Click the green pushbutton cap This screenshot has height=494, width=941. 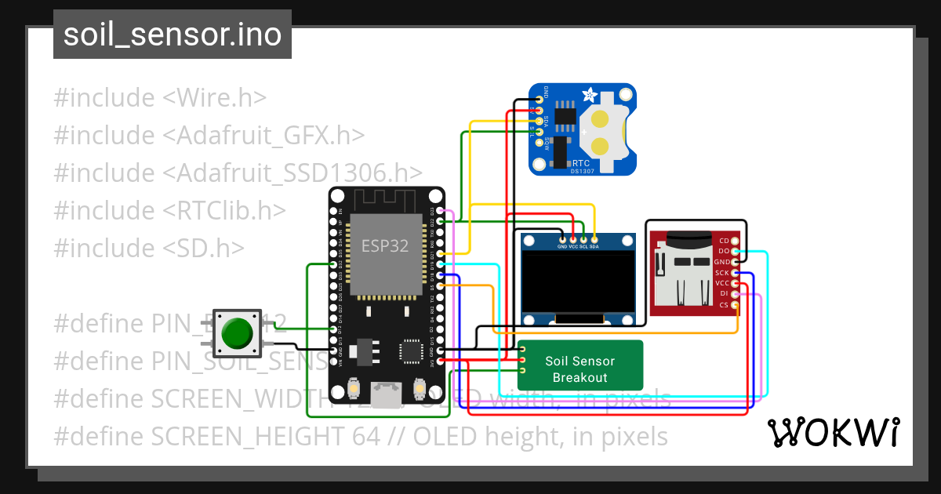tap(236, 333)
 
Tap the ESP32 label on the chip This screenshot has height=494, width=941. tap(384, 245)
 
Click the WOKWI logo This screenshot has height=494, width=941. tap(833, 432)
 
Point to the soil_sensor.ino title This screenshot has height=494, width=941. tap(172, 35)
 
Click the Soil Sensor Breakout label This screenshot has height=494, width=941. tap(580, 369)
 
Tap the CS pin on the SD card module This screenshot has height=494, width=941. tap(735, 304)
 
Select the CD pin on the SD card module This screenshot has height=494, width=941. tap(735, 241)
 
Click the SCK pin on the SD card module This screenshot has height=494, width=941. tap(735, 272)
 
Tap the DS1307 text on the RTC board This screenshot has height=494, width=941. tap(581, 171)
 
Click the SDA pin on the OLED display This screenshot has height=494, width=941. tap(594, 238)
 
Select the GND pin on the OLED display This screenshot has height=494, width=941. tap(562, 238)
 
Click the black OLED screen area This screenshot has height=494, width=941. tap(579, 282)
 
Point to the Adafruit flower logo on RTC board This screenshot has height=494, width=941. tap(587, 96)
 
